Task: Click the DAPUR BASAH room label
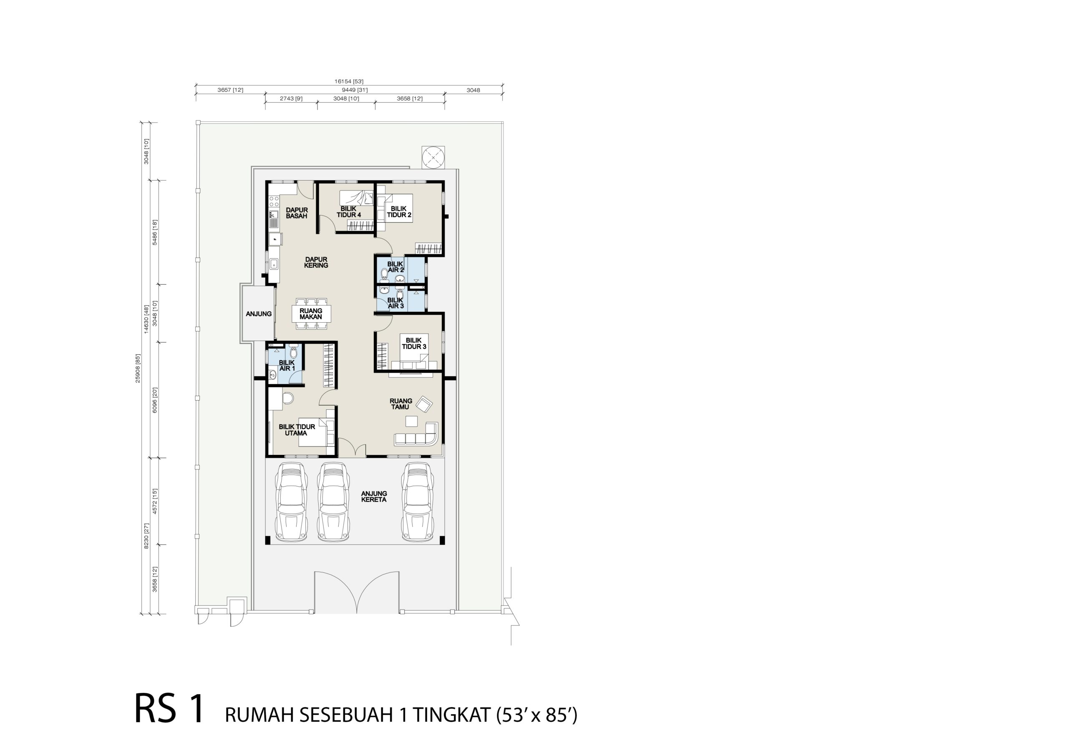(x=297, y=213)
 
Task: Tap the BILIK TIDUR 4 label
(x=349, y=211)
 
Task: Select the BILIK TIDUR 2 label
(x=399, y=211)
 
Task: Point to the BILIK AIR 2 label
(x=396, y=267)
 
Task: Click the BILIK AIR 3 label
(x=396, y=303)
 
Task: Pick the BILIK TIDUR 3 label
(x=414, y=344)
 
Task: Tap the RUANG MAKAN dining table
(x=311, y=314)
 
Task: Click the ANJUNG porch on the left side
(x=258, y=314)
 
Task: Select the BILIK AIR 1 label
(x=287, y=366)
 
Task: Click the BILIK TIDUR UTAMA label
(x=297, y=429)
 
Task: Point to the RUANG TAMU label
(x=400, y=404)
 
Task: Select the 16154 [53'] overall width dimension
(x=349, y=81)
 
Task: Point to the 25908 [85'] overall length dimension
(x=138, y=368)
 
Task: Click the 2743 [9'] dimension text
(x=291, y=98)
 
